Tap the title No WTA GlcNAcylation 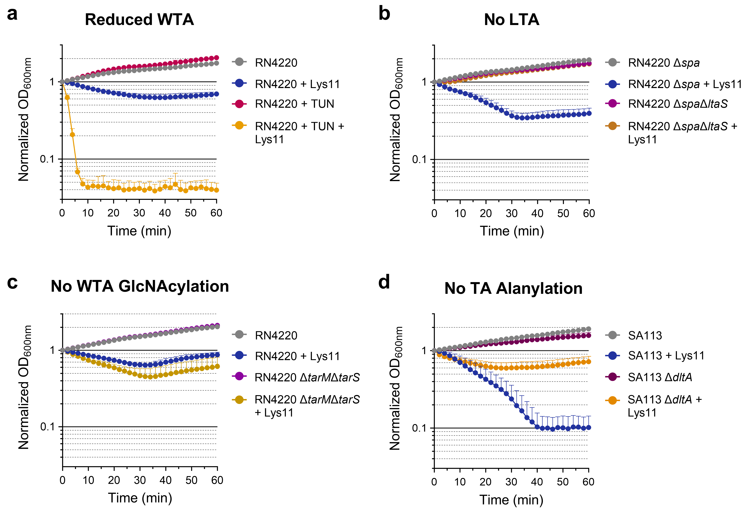pyautogui.click(x=140, y=286)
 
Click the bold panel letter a pyautogui.click(x=12, y=14)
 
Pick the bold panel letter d pyautogui.click(x=384, y=282)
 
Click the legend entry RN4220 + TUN pyautogui.click(x=294, y=104)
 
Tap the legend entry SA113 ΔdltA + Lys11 pyautogui.click(x=665, y=406)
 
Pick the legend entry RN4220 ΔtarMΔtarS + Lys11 pyautogui.click(x=307, y=406)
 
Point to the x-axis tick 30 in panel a pyautogui.click(x=139, y=213)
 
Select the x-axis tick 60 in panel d pyautogui.click(x=588, y=482)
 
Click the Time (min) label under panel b pyautogui.click(x=512, y=231)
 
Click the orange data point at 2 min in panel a pyautogui.click(x=67, y=98)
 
